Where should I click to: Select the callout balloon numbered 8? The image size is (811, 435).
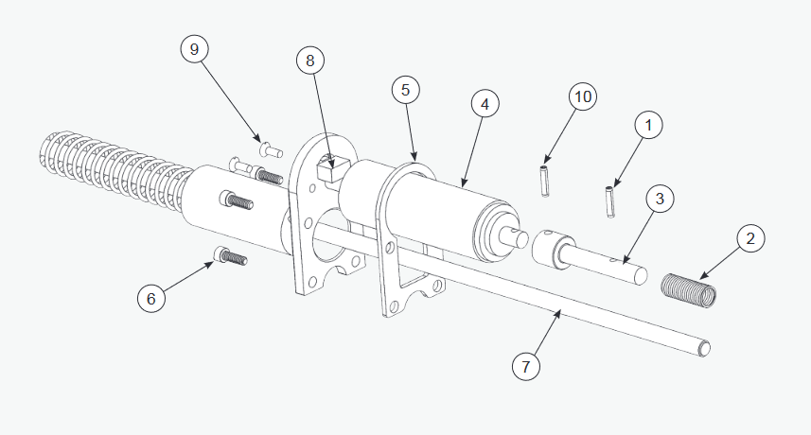click(x=309, y=61)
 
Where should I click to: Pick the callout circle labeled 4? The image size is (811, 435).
click(x=484, y=105)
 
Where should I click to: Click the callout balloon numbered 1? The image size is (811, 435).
click(x=649, y=124)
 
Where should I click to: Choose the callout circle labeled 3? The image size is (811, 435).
click(x=661, y=200)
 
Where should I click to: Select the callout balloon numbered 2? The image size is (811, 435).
click(x=749, y=239)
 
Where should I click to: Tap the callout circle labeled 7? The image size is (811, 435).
click(x=526, y=366)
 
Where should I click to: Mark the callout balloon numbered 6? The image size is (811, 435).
click(x=150, y=298)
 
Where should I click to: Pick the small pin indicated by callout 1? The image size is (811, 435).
click(x=610, y=201)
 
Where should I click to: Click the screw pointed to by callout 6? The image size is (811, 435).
click(x=231, y=255)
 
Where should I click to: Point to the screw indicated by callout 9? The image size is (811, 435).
click(x=269, y=148)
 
